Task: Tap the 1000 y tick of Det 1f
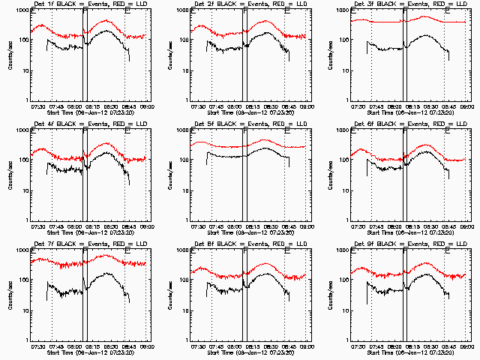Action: (22, 11)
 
